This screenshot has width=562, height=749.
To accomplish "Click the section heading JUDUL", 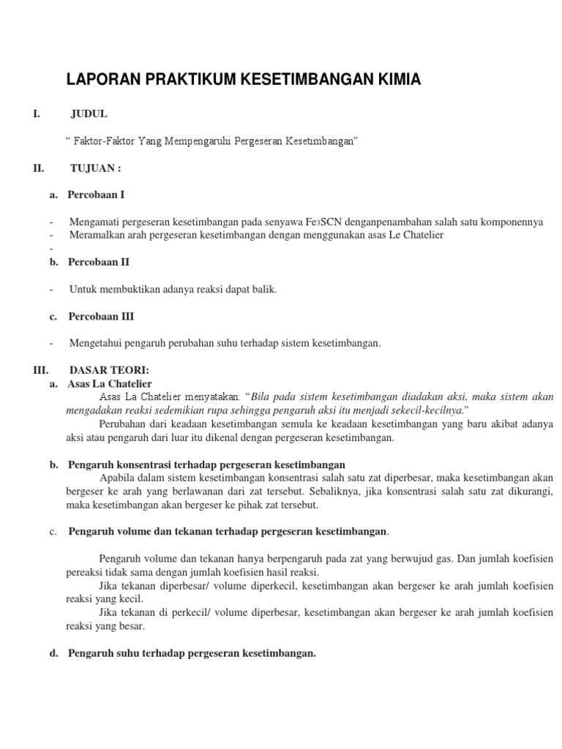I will (89, 113).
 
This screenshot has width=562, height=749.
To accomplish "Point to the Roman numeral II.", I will (39, 168).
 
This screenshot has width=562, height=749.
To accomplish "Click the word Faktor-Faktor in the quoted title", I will (105, 140).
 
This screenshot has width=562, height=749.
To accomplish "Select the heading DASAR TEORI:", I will (109, 370).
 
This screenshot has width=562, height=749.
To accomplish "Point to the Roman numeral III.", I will (41, 370).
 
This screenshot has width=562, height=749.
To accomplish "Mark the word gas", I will (439, 559).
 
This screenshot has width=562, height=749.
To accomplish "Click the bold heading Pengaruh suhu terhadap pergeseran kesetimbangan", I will (192, 653).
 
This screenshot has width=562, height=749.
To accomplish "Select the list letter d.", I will (53, 653).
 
